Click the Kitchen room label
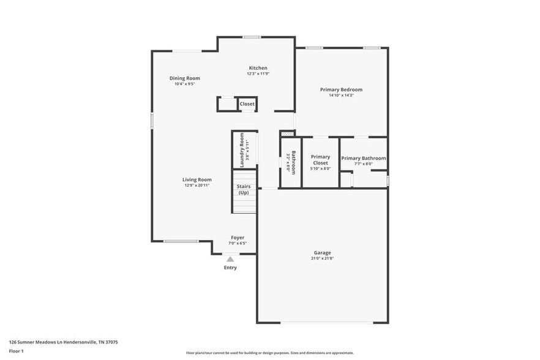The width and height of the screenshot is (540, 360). [257, 68]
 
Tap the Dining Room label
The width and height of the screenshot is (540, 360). [184, 78]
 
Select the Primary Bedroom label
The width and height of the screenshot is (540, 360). [341, 90]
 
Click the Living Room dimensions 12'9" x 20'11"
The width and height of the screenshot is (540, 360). [197, 185]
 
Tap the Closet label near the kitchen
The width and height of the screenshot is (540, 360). [247, 104]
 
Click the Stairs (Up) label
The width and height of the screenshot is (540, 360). [243, 190]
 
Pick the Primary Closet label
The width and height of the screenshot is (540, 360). [320, 160]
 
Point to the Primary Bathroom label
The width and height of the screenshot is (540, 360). [364, 158]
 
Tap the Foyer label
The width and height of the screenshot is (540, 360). [238, 238]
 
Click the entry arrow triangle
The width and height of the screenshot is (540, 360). [230, 259]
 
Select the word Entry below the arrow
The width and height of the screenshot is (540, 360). [230, 268]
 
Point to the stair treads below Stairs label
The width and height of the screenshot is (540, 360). [243, 204]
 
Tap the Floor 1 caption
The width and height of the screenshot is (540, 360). [16, 351]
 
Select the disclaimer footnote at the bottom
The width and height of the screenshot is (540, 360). [269, 353]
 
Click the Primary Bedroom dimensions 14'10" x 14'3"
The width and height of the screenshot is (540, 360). [341, 96]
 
